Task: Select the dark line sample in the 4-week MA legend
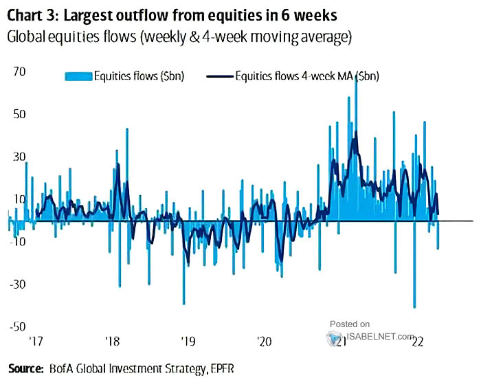[x=219, y=76]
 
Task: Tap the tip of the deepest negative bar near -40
[x=414, y=307]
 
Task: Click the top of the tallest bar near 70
[x=355, y=77]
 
